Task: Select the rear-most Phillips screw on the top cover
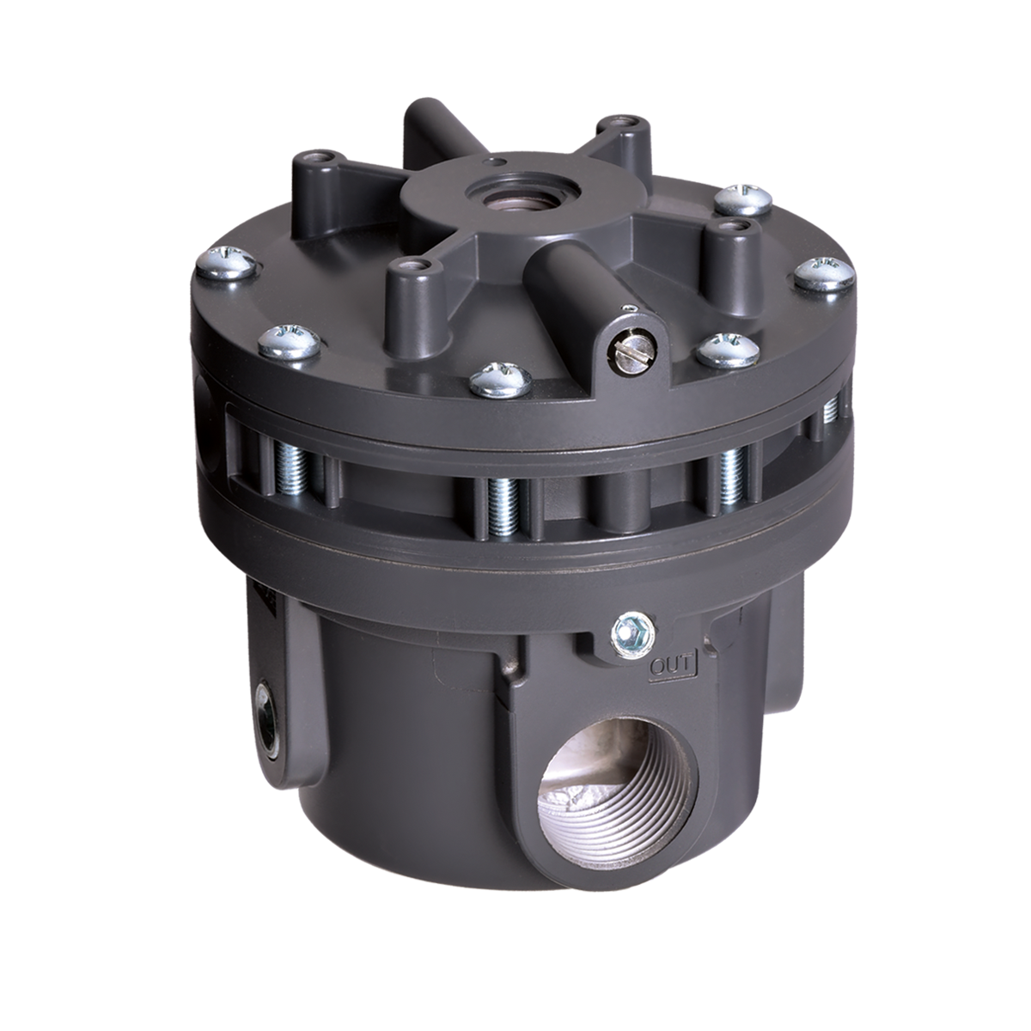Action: pos(744,200)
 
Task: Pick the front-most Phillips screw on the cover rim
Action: pos(501,380)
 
